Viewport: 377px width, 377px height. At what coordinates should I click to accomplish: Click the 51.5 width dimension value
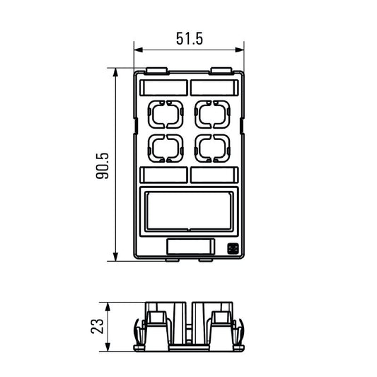pos(189,39)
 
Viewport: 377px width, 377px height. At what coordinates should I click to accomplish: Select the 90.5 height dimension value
pos(103,165)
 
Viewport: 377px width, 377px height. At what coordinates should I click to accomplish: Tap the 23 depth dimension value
pos(98,325)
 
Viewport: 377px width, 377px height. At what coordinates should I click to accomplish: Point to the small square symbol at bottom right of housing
pos(232,248)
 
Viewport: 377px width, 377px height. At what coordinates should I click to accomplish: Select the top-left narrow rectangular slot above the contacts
pos(163,87)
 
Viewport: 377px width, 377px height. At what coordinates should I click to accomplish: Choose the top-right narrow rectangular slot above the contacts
pos(214,87)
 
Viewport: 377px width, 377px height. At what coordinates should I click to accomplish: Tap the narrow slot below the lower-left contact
pos(163,175)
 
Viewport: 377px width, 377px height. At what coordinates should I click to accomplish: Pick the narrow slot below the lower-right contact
pos(214,175)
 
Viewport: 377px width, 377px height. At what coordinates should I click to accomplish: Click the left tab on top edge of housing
pos(157,71)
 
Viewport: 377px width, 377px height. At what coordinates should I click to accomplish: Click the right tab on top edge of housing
pos(221,71)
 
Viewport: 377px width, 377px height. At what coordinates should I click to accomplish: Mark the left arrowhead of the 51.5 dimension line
pos(138,50)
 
